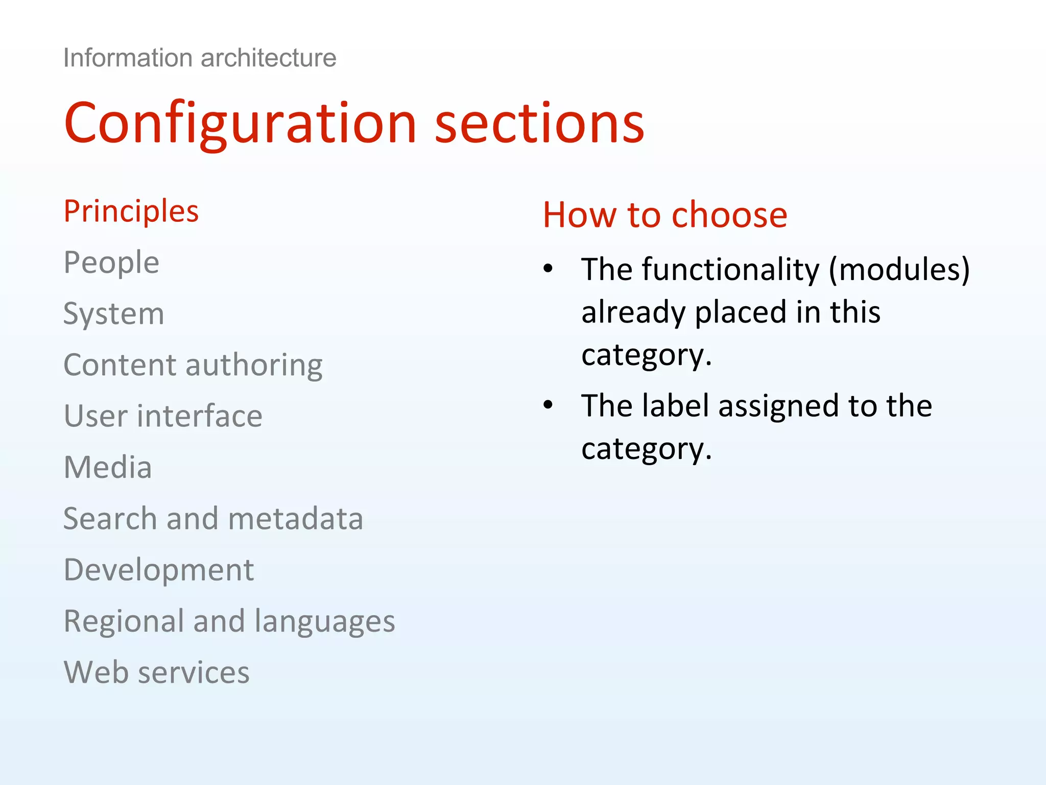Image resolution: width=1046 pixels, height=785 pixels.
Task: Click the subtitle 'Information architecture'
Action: (200, 58)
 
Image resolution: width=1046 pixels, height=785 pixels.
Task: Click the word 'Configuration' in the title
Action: (241, 124)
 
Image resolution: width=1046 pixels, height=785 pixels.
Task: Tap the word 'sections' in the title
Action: (539, 124)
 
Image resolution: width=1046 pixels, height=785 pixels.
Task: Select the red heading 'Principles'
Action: (131, 212)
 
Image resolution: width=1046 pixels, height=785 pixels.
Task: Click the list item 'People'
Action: (111, 263)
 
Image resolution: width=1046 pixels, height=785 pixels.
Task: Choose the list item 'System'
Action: (113, 314)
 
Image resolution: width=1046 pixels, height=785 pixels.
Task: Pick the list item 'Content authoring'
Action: (193, 365)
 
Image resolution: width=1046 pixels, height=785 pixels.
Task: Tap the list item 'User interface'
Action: (163, 416)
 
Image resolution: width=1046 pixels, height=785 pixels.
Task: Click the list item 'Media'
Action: (108, 467)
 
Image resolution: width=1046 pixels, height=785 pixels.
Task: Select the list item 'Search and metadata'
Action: (213, 519)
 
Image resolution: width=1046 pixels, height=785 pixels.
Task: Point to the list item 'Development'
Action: (159, 570)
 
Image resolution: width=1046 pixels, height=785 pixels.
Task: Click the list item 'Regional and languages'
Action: (229, 621)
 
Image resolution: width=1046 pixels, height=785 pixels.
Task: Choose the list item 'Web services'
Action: (156, 673)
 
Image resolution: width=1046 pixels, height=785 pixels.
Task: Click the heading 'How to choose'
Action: (665, 215)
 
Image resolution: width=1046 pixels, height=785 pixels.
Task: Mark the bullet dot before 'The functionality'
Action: (548, 268)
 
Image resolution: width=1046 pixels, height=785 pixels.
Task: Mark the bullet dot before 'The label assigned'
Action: (548, 405)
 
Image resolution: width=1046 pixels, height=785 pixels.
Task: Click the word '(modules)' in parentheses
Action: (899, 269)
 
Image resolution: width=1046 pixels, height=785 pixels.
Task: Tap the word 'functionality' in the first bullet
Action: (730, 269)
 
